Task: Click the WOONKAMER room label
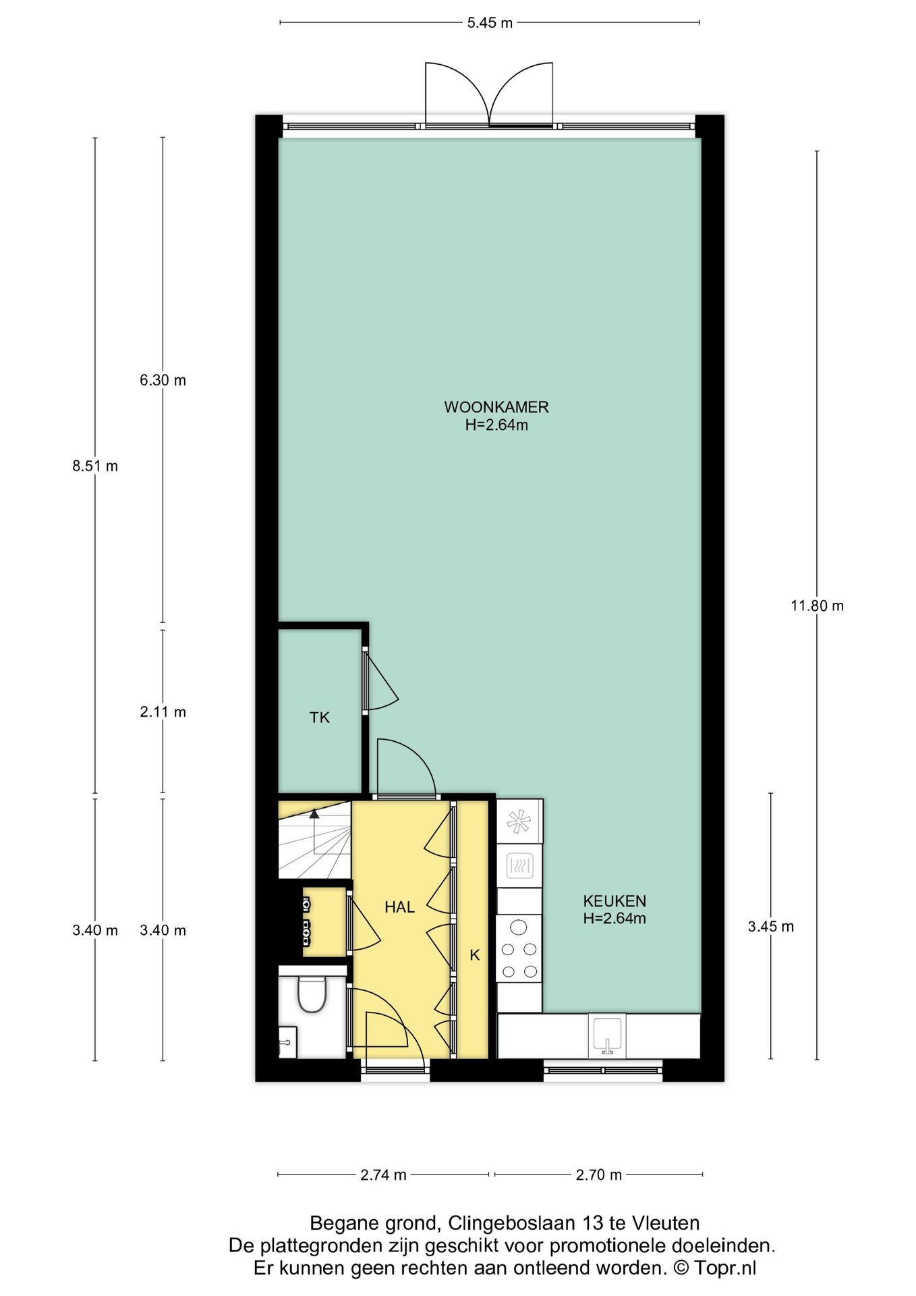[x=496, y=407]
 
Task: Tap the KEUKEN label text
[x=614, y=900]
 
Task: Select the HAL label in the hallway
[x=399, y=907]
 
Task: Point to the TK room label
[x=320, y=718]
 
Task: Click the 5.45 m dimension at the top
[x=490, y=23]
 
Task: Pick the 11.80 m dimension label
[x=817, y=605]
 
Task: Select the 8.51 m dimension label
[x=95, y=466]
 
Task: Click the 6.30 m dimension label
[x=163, y=380]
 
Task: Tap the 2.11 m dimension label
[x=163, y=711]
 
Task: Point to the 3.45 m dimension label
[x=770, y=927]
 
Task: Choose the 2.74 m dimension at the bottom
[x=383, y=1174]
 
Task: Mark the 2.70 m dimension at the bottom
[x=598, y=1174]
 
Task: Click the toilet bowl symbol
[x=312, y=994]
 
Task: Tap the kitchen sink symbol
[x=607, y=1035]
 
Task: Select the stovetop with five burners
[x=519, y=948]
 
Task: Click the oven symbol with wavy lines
[x=519, y=865]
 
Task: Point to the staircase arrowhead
[x=314, y=814]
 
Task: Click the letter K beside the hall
[x=474, y=955]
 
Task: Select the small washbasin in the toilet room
[x=287, y=1042]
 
